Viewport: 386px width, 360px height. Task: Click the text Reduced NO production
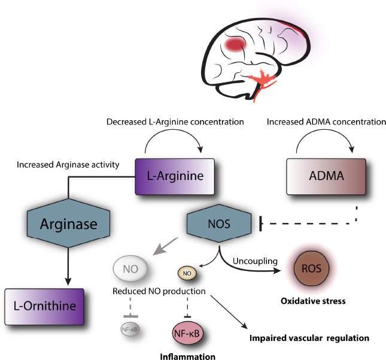tap(159, 291)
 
